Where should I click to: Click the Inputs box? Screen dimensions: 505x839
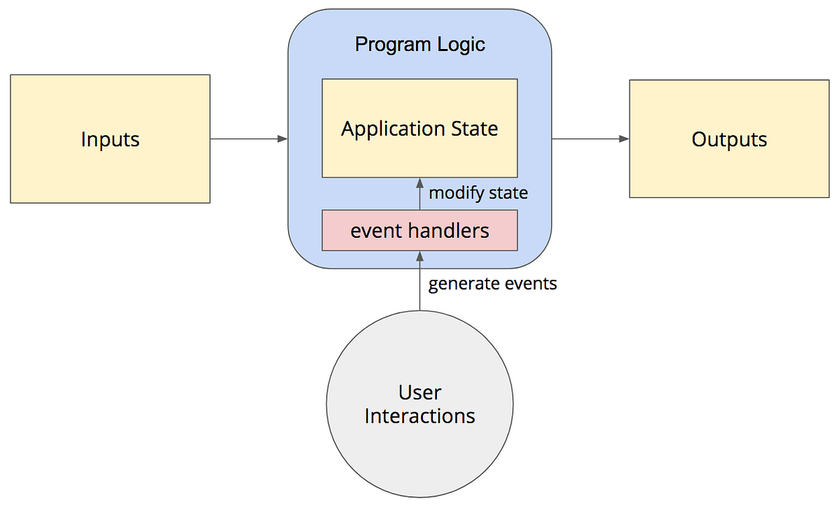[x=110, y=139]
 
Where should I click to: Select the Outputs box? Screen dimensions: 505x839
[x=729, y=139]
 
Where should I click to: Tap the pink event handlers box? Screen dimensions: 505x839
[x=419, y=230]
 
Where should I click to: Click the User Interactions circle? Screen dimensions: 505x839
[x=419, y=404]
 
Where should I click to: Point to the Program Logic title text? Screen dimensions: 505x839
[x=419, y=45]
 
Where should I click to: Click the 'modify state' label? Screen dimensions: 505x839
[x=478, y=193]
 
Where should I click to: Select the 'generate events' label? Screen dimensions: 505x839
[x=492, y=284]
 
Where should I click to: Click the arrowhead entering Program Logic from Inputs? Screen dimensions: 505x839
[x=282, y=139]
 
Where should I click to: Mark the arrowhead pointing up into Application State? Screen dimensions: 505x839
[x=419, y=183]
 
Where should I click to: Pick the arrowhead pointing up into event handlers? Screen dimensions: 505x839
[x=419, y=256]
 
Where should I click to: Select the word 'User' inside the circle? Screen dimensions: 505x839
[x=419, y=392]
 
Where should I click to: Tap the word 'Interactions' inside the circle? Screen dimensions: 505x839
[x=419, y=416]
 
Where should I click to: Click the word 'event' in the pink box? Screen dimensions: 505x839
[x=373, y=230]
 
